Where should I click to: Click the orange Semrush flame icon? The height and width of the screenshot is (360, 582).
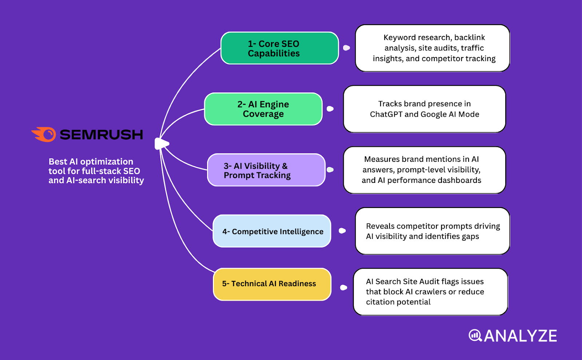44,134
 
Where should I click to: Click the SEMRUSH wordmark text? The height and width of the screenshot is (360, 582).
101,135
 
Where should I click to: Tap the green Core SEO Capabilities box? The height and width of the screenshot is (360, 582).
279,48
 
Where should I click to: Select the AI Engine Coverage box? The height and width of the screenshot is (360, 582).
263,109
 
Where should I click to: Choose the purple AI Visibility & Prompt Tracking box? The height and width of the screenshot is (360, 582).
266,170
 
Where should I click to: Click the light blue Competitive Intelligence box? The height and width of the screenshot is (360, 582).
272,231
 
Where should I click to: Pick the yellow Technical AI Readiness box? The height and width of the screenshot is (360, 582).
272,284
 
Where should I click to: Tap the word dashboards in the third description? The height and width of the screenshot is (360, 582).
460,180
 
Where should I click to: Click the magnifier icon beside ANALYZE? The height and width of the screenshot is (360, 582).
475,335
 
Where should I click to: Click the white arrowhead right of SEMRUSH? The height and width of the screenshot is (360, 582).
162,144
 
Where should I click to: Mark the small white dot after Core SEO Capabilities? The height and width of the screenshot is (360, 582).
346,48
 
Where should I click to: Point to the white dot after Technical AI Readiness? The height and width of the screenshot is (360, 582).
343,288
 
